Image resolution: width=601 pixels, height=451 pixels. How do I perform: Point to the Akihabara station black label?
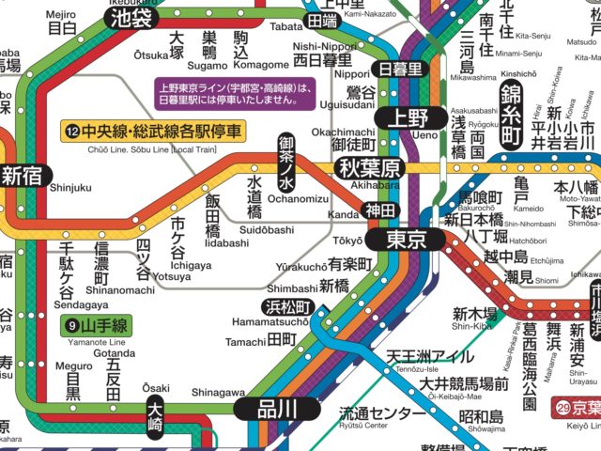tap(369, 169)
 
